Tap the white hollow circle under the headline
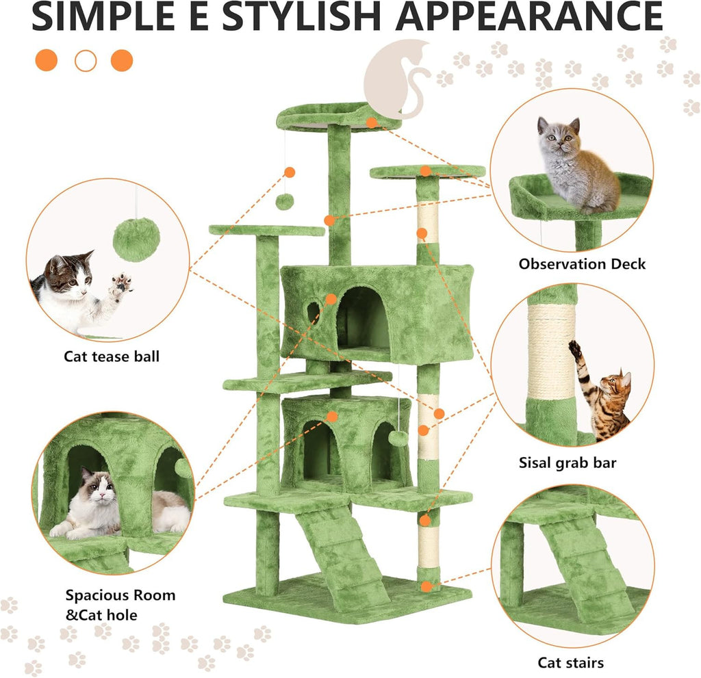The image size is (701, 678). (x=86, y=60)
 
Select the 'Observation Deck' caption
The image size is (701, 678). (x=582, y=263)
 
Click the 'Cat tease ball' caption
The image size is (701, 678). (x=112, y=356)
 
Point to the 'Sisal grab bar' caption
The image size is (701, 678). (x=568, y=463)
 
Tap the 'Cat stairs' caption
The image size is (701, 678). (x=570, y=662)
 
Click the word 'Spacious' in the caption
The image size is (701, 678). (x=95, y=595)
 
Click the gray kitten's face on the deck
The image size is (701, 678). (x=559, y=140)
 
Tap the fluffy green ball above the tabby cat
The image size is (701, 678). (x=137, y=239)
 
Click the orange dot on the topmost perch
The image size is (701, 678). (x=372, y=122)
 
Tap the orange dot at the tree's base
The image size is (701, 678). (x=426, y=586)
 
